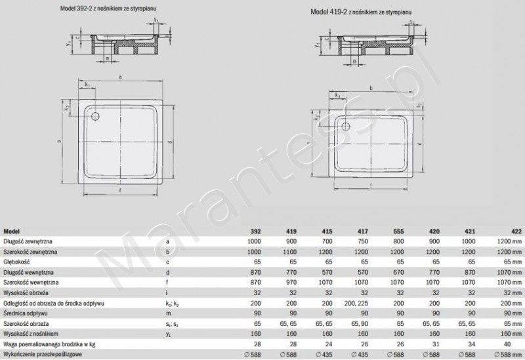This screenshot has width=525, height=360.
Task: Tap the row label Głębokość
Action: point(17,260)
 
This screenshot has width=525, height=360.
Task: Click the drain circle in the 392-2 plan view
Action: point(97,116)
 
